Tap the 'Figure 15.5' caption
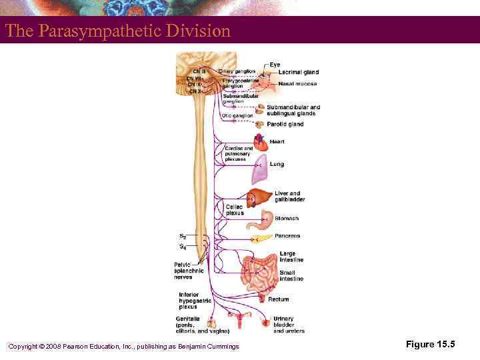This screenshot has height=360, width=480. [x=430, y=344]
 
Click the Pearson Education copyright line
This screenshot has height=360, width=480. [x=123, y=346]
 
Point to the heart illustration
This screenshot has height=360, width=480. [x=259, y=143]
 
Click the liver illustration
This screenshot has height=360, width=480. [x=259, y=197]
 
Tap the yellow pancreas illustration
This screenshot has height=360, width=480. [x=261, y=237]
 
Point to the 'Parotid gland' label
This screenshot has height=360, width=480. [x=286, y=124]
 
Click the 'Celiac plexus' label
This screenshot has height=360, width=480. [x=234, y=209]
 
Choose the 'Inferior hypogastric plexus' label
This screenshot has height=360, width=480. [x=194, y=301]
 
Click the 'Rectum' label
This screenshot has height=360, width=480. [x=279, y=299]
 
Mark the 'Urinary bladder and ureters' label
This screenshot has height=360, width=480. [x=289, y=325]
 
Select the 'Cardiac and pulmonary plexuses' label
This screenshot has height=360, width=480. [x=239, y=154]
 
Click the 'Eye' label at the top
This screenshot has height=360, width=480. [x=275, y=65]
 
